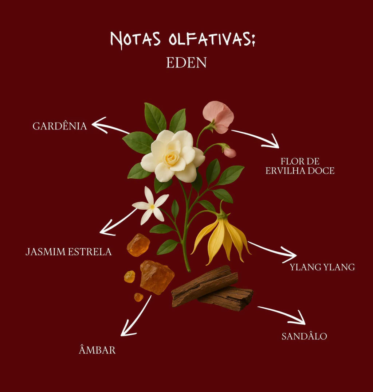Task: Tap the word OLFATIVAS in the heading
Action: [212, 39]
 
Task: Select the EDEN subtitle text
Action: [186, 62]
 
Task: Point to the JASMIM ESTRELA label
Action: [68, 252]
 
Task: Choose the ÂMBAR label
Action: [97, 349]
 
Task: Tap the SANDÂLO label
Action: [305, 336]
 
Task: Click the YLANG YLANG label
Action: [322, 267]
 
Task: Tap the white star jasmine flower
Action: [150, 206]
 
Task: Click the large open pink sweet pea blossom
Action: [218, 116]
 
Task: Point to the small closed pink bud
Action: [229, 152]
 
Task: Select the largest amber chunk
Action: [157, 277]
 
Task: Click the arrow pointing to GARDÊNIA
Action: [110, 125]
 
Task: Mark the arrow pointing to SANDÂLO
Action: [282, 315]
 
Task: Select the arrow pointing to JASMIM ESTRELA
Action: [118, 222]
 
